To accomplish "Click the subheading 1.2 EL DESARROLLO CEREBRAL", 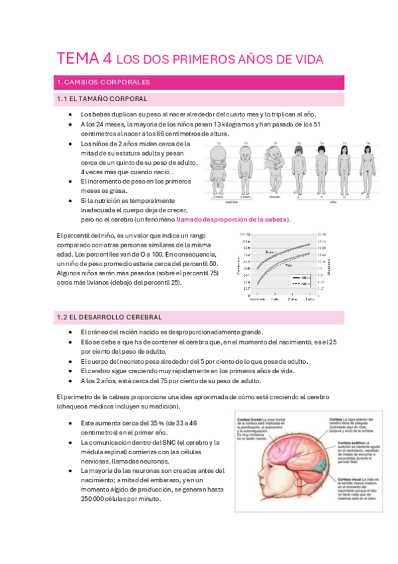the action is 110,317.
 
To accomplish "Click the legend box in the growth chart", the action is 300,281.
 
